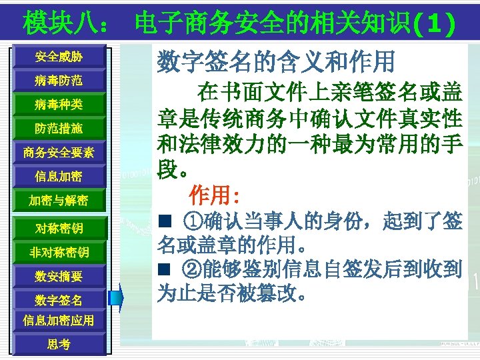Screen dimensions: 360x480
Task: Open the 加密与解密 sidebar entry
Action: click(x=59, y=201)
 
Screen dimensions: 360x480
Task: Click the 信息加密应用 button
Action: click(x=59, y=320)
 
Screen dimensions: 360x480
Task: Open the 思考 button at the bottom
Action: click(x=59, y=344)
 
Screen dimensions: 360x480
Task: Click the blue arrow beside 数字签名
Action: click(x=117, y=297)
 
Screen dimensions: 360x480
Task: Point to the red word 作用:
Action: click(x=213, y=196)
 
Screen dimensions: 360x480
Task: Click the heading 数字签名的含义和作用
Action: click(x=276, y=63)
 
